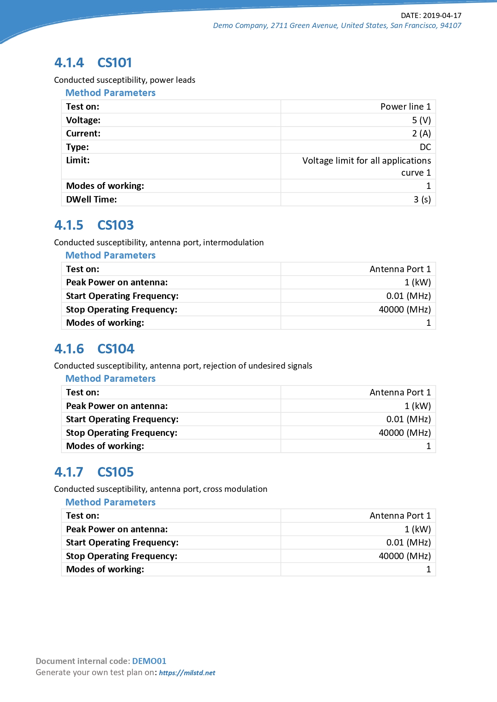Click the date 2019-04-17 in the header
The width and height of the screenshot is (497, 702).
(x=442, y=16)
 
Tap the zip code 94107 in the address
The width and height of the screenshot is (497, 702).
(x=451, y=26)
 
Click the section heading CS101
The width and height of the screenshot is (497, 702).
(x=115, y=63)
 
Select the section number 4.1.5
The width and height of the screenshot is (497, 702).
(x=69, y=225)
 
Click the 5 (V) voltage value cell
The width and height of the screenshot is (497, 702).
(x=421, y=120)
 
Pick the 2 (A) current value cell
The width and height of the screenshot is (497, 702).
(x=421, y=134)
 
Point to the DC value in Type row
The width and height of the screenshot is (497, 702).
(x=425, y=147)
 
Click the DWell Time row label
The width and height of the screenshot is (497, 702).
(x=91, y=199)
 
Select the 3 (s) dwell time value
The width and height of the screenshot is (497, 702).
(x=422, y=199)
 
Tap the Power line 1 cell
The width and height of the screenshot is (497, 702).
(x=405, y=106)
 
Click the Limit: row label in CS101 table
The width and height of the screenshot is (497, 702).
(x=78, y=160)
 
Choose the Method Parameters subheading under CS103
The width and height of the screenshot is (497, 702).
(x=111, y=255)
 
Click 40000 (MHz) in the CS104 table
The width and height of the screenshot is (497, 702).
(x=404, y=433)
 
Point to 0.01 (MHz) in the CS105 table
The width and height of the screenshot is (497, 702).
(x=408, y=542)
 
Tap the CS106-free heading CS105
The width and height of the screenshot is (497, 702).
(x=115, y=472)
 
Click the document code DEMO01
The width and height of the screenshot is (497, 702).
(x=149, y=661)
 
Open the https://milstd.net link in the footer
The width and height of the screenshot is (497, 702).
(x=187, y=673)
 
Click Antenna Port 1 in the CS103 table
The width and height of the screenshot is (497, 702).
(x=400, y=269)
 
